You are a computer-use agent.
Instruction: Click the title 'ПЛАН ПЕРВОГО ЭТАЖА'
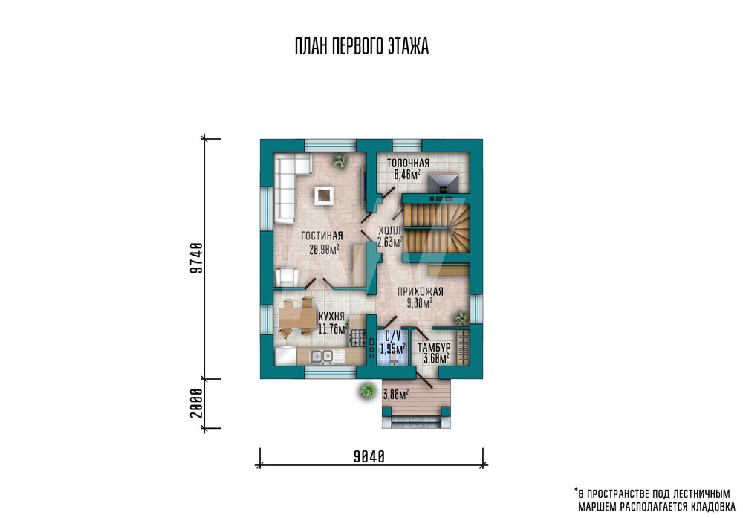coord(362,46)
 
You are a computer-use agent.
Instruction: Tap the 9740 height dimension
coord(196,259)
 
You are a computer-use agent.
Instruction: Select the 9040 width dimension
coord(369,456)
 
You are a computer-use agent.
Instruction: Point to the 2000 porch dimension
coord(196,404)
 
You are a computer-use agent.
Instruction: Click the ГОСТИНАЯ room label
coord(322,236)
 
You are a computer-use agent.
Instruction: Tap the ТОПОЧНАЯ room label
coord(408,163)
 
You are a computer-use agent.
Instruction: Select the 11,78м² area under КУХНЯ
coord(333,329)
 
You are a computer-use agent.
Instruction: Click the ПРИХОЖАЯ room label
coord(421,291)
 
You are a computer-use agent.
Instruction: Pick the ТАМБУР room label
coord(434,347)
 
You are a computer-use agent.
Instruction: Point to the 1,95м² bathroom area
coord(392,349)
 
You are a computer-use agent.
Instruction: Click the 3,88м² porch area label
coord(396,395)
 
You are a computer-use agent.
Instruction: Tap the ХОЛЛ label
coord(389,231)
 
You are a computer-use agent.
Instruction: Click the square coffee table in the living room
coord(324,195)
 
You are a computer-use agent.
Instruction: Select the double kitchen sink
coord(322,356)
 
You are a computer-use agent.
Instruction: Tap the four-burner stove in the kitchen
coord(358,338)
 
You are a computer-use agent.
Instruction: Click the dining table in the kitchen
coord(297,317)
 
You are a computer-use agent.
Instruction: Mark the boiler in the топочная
coord(444,184)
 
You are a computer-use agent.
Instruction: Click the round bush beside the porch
coord(367,391)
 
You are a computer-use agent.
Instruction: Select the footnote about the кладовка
coord(655,499)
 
